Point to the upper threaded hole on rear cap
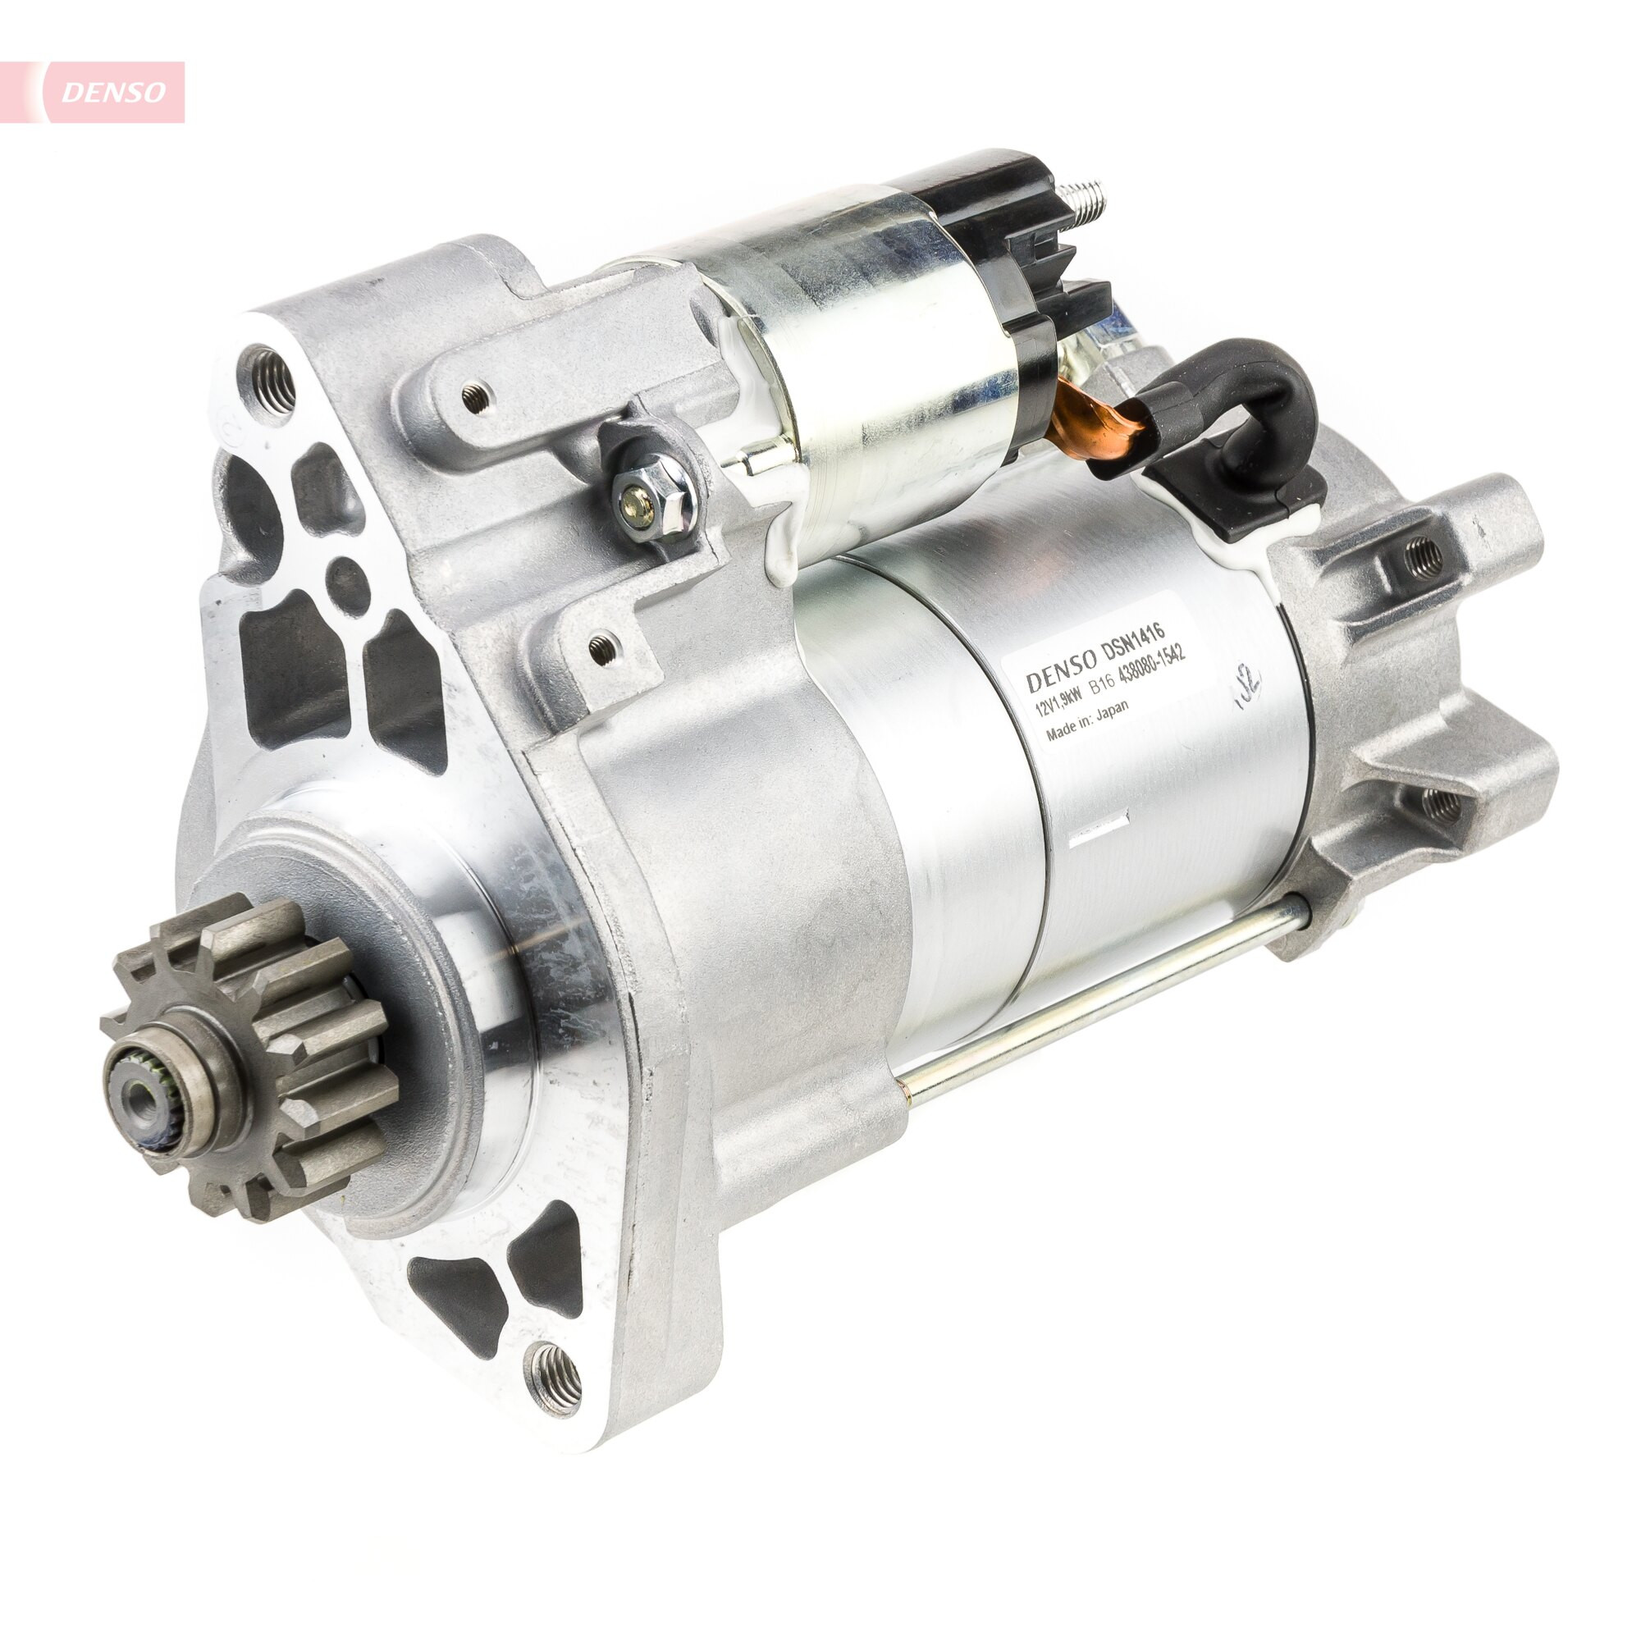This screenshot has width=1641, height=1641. pyautogui.click(x=1424, y=556)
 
